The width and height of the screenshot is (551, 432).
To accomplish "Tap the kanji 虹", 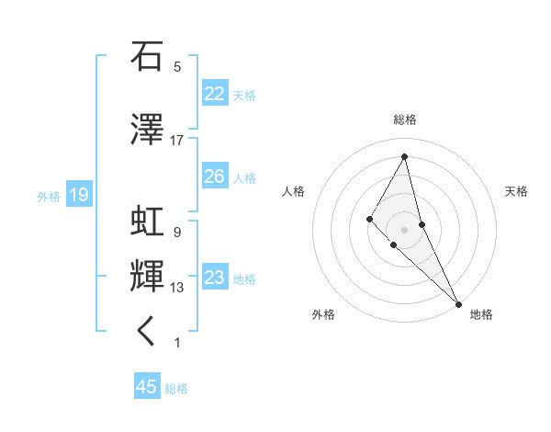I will point(147,222).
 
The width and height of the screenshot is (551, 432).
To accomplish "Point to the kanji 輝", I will point(147,277).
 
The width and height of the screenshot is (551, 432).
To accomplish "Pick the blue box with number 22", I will point(214,94).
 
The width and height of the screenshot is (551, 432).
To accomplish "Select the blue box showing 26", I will point(214,176).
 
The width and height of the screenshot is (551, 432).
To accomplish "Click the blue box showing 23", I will point(214,278).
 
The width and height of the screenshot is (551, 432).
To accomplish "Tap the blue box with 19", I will point(78,195).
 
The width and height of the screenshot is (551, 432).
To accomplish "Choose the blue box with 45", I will point(147,387).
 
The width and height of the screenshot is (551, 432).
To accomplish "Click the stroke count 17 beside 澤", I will point(177,141).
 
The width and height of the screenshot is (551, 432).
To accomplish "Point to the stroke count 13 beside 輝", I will point(177,288).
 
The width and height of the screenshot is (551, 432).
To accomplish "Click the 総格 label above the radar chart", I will point(405,119).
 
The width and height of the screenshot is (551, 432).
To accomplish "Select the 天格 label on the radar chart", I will point(517,191).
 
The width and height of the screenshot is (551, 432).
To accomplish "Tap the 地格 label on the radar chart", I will point(481,314).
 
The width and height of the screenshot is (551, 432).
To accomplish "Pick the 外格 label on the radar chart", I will point(323,314).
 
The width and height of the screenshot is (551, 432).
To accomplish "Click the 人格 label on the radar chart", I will point(293,191).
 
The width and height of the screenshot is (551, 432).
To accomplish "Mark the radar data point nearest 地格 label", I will point(458,303).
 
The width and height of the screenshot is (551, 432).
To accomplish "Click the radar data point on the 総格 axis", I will point(405,157).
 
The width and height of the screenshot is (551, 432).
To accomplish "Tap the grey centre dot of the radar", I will point(405,229).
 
